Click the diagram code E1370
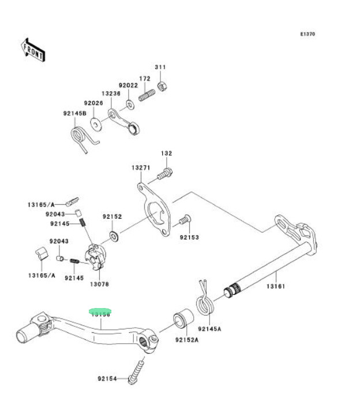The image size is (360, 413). click(307, 34)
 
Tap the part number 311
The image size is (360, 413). click(160, 67)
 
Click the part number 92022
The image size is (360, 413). click(127, 84)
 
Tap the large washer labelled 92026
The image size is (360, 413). click(95, 123)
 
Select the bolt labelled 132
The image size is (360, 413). click(166, 172)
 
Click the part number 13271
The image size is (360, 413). click(140, 168)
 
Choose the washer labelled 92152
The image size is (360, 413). click(114, 235)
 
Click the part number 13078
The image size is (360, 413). click(100, 284)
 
